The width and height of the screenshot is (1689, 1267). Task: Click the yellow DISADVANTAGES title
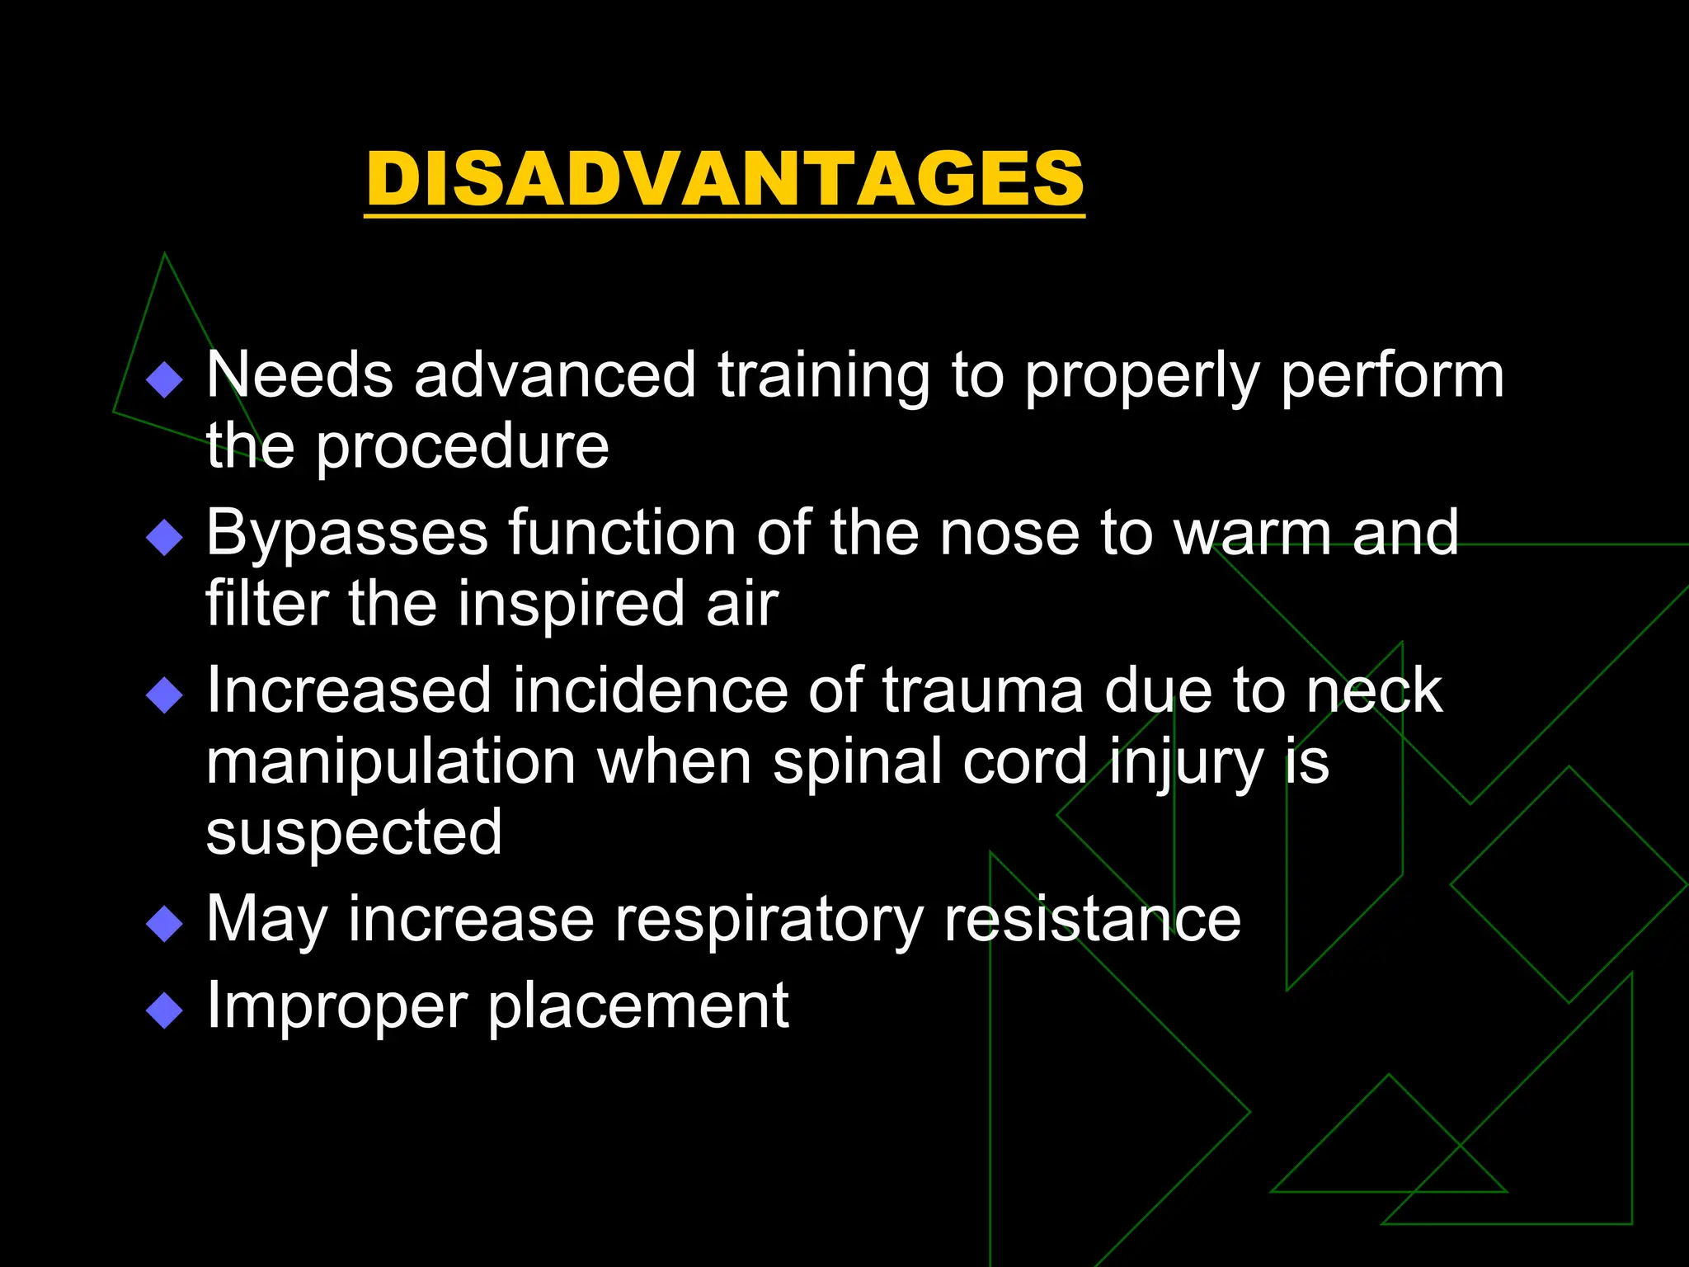point(725,179)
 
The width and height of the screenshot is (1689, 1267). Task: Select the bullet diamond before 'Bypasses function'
point(164,538)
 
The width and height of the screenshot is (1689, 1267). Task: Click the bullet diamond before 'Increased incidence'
point(164,695)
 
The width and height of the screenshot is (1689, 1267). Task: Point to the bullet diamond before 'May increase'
point(164,924)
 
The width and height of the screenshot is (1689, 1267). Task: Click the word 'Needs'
point(299,375)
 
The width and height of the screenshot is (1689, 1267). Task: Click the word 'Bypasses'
point(346,535)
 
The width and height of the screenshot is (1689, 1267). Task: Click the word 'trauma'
point(982,691)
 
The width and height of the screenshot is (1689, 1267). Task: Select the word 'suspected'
point(354,834)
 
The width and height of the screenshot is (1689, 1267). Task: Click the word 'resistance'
point(1092,919)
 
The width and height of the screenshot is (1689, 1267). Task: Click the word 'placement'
point(638,1007)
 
